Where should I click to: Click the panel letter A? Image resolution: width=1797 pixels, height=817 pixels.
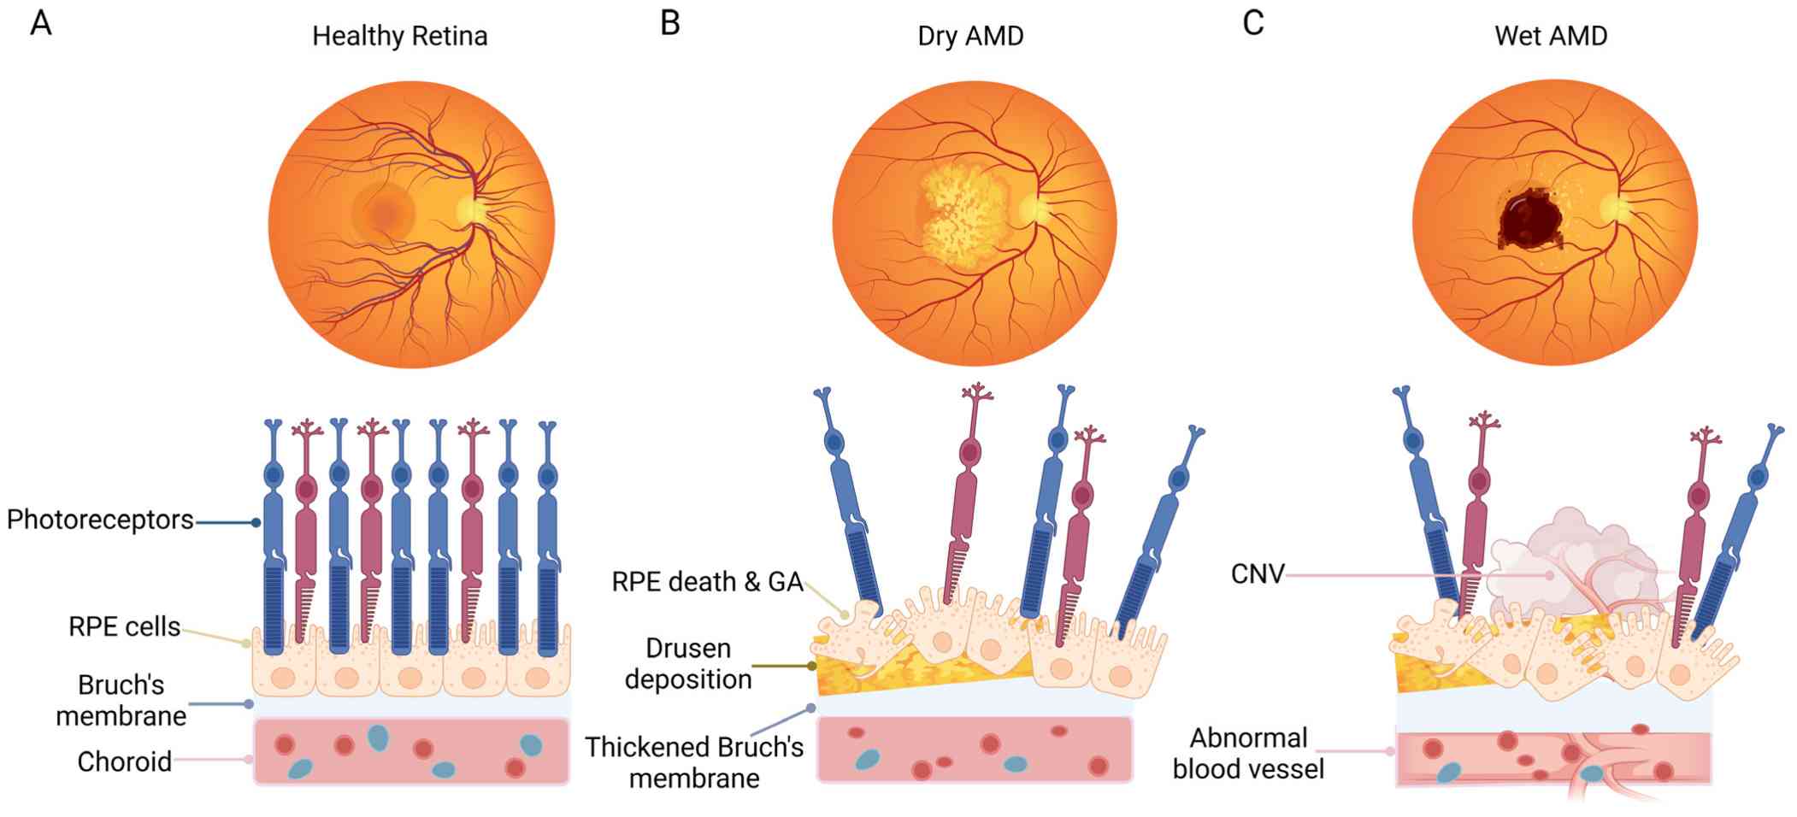coord(41,23)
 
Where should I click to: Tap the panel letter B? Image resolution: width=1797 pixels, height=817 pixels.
coord(670,23)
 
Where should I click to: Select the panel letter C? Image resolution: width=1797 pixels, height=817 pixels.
coord(1252,23)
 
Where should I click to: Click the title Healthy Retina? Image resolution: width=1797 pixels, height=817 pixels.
coord(399,36)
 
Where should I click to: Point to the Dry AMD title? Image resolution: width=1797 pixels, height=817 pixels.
coord(970,36)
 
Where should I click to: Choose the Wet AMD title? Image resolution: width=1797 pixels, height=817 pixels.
coord(1551,36)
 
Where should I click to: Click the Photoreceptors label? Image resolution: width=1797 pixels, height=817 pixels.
coord(100,520)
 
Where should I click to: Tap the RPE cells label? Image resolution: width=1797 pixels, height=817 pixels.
coord(124,626)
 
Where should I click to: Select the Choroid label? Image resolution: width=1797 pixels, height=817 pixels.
coord(124,761)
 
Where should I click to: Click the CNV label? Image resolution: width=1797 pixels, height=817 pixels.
coord(1258,573)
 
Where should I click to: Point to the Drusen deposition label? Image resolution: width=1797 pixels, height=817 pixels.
coord(688,664)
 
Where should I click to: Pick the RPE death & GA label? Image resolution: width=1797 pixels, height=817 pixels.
coord(707,582)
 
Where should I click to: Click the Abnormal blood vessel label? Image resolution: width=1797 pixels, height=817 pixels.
coord(1248,754)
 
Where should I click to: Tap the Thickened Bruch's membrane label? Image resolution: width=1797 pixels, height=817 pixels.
coord(694,762)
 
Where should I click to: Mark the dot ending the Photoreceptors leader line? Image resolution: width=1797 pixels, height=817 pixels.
coord(256,522)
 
